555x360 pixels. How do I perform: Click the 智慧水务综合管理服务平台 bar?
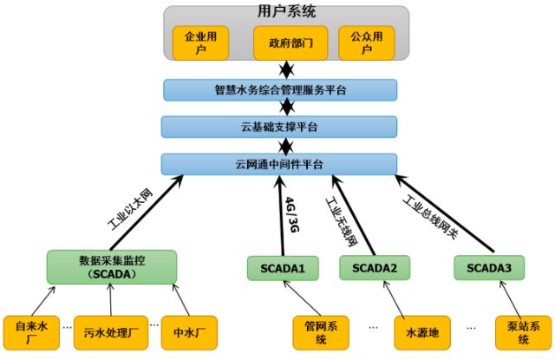278,90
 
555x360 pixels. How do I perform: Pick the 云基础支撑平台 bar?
278,127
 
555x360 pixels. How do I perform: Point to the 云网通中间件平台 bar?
278,163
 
